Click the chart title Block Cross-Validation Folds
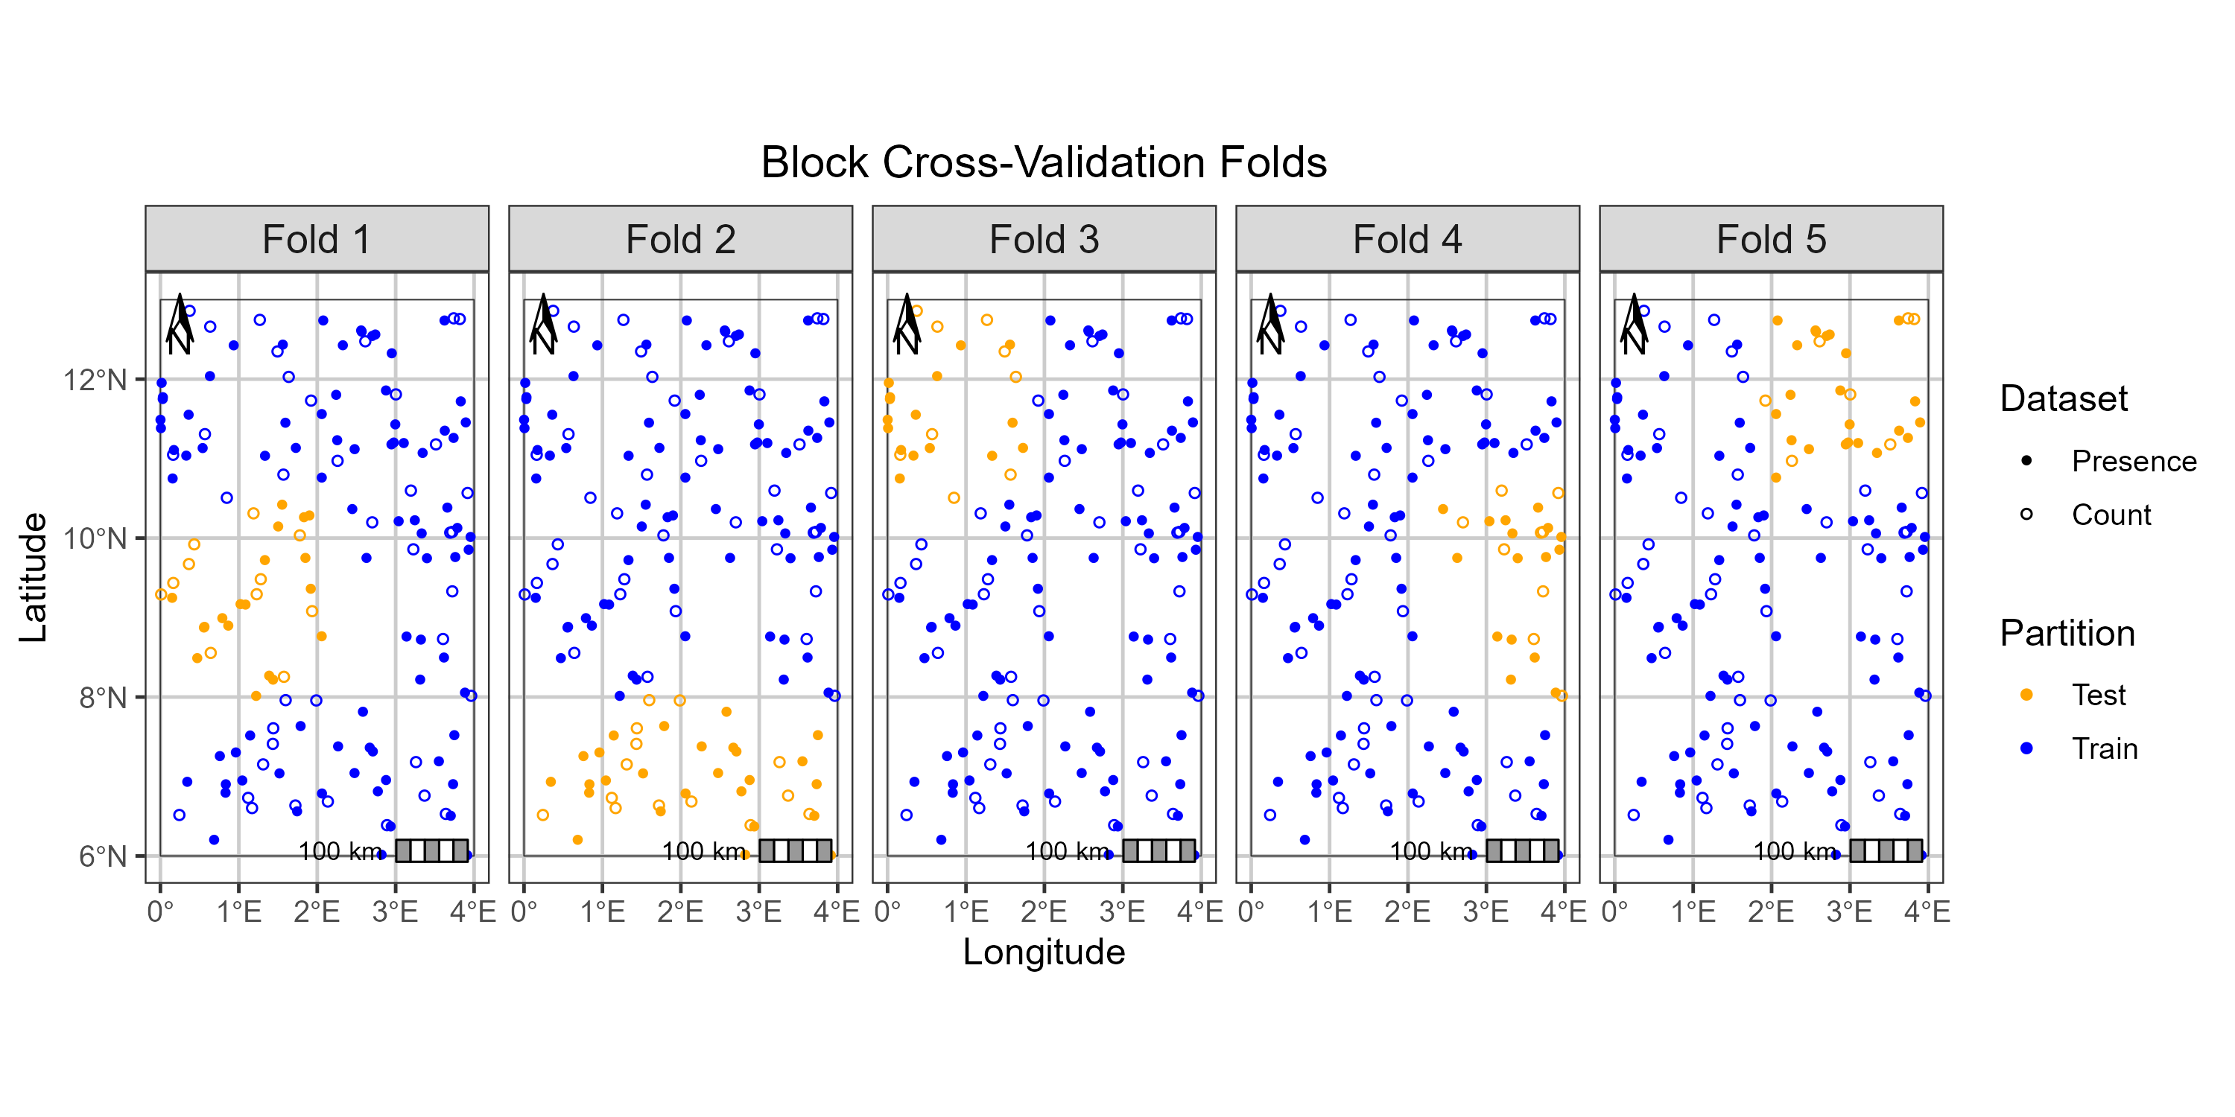(x=1043, y=162)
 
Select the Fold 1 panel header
(x=317, y=239)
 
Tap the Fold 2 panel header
(x=680, y=239)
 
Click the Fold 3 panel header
(x=1044, y=239)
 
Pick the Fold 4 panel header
(x=1407, y=239)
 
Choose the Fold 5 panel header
(x=1771, y=239)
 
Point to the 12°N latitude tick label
(x=95, y=380)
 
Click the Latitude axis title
(x=33, y=576)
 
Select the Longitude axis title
(x=1043, y=952)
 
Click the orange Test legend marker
(x=2026, y=695)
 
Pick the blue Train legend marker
(x=2026, y=748)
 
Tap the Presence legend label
(x=2134, y=462)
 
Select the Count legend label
(x=2111, y=515)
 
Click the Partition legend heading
(x=2067, y=633)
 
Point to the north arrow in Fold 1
(x=180, y=325)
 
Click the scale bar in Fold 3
(x=1159, y=850)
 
